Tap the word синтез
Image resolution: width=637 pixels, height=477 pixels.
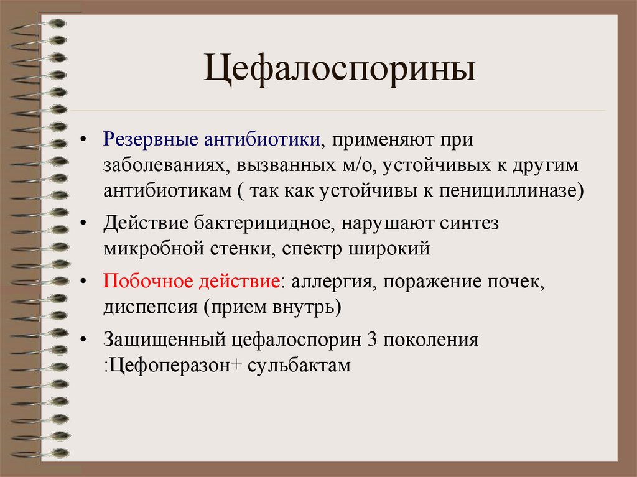click(470, 223)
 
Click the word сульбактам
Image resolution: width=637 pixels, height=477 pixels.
click(299, 364)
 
